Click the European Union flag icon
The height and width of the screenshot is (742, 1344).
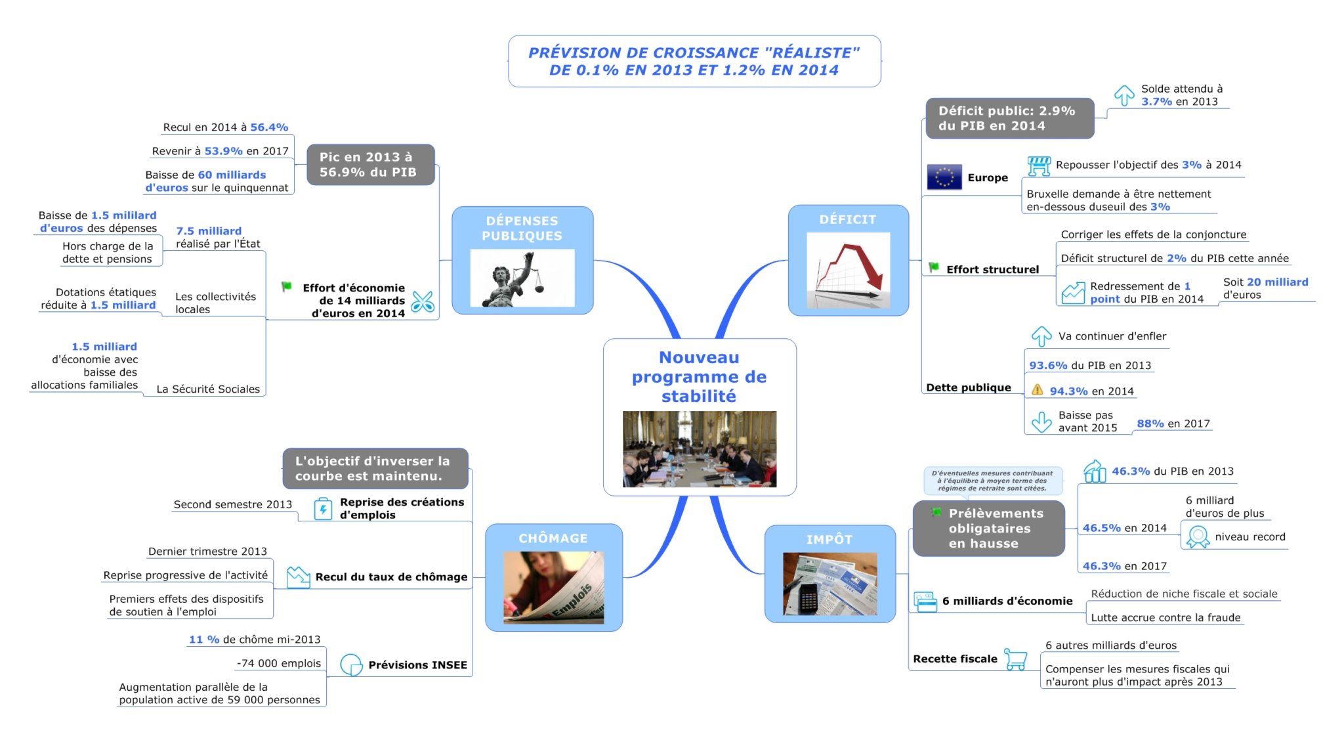click(x=944, y=177)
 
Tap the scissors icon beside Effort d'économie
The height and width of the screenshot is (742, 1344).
click(x=423, y=301)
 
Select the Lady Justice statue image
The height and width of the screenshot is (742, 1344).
click(x=522, y=278)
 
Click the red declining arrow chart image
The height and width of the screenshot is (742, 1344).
click(x=848, y=270)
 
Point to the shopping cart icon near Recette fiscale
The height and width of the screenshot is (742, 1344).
click(x=1016, y=659)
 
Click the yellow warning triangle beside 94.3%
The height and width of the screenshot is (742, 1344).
click(x=1037, y=390)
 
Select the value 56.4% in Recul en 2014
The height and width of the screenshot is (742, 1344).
click(x=269, y=127)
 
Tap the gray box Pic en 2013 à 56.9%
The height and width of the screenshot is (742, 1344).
click(x=370, y=165)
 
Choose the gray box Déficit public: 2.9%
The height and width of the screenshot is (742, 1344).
click(x=1009, y=118)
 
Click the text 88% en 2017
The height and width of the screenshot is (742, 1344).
click(x=1173, y=424)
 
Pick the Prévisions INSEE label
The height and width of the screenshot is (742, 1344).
click(x=417, y=665)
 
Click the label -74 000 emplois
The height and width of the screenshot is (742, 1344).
click(x=279, y=663)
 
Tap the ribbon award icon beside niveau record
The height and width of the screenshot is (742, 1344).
click(x=1198, y=536)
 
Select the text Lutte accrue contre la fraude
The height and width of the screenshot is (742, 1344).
click(x=1165, y=617)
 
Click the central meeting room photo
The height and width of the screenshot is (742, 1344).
click(x=699, y=449)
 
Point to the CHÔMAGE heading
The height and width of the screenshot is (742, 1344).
click(x=553, y=538)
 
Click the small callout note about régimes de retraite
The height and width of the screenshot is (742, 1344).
click(x=992, y=481)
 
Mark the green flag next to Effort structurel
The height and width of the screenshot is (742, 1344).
click(x=933, y=267)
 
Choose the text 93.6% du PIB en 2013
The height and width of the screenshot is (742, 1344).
click(x=1089, y=365)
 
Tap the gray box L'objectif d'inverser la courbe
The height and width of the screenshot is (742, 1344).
click(x=375, y=469)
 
